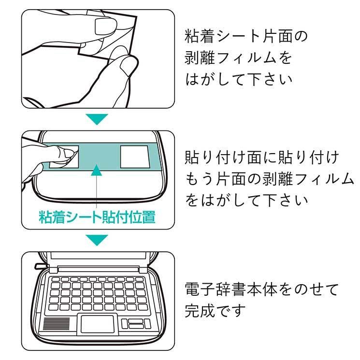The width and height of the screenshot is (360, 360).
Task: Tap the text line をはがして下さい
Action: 246,200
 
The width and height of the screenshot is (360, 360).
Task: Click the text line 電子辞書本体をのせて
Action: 261,290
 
